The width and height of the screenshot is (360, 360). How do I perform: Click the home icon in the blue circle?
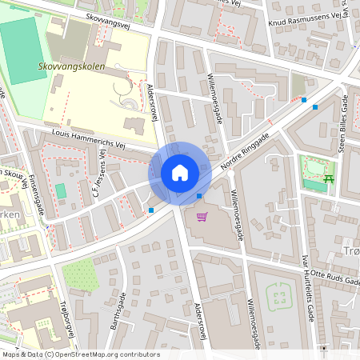(180, 172)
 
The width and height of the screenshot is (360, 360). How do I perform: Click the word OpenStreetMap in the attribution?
(107, 354)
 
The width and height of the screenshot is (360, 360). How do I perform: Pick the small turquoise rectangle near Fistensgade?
(61, 191)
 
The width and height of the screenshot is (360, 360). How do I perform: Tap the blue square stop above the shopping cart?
(199, 196)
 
